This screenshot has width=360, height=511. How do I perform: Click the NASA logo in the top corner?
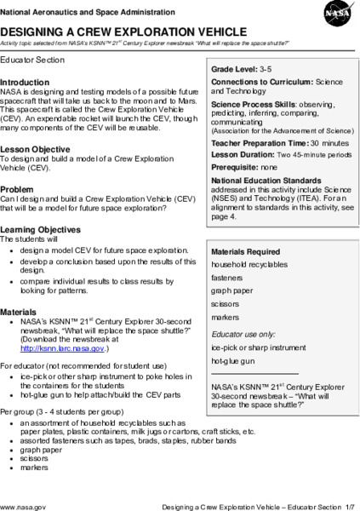[336, 14]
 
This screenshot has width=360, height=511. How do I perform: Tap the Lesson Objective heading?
[39, 148]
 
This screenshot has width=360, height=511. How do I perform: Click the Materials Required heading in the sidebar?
[245, 251]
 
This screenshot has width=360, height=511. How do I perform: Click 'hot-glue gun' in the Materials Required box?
[233, 361]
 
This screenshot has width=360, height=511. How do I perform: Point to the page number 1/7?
[346, 505]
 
